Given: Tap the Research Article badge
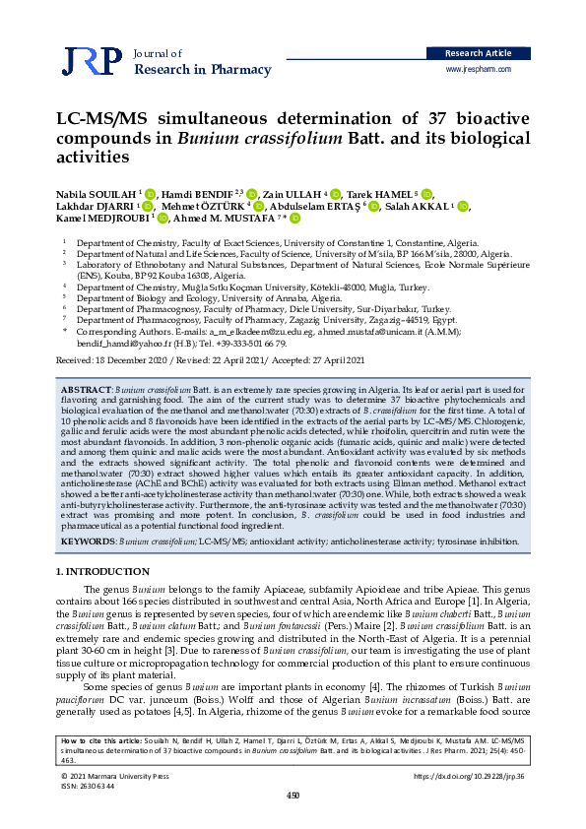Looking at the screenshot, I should pos(478,52).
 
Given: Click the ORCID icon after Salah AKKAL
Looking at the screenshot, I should pos(464,207).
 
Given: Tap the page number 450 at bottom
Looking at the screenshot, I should pos(293,796).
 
